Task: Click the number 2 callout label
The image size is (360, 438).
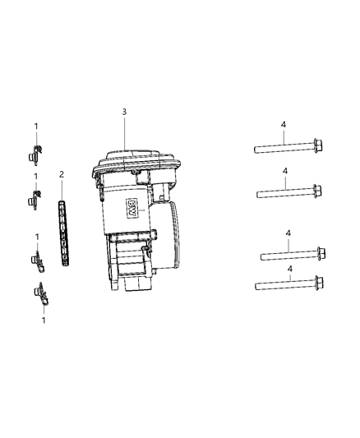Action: pyautogui.click(x=60, y=175)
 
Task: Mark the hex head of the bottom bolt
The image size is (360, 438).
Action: pyautogui.click(x=317, y=285)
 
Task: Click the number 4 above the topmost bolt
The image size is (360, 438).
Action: pyautogui.click(x=284, y=125)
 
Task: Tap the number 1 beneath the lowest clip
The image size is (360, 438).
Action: pyautogui.click(x=42, y=320)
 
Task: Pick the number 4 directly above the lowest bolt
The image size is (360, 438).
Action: pyautogui.click(x=288, y=269)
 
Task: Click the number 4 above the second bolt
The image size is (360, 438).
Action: pyautogui.click(x=284, y=172)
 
